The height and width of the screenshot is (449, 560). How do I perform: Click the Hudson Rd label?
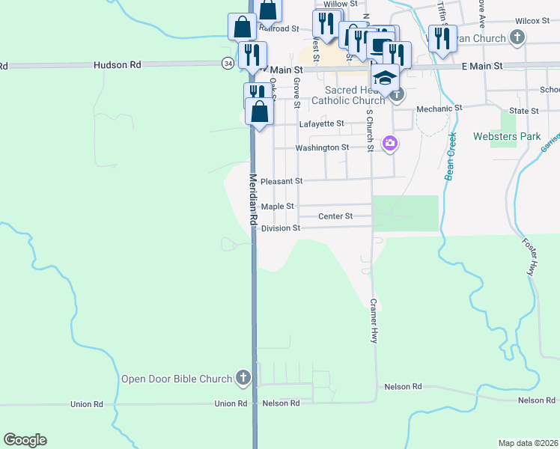118,65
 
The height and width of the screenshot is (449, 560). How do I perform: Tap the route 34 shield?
227,64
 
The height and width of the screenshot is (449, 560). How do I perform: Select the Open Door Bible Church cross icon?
243,379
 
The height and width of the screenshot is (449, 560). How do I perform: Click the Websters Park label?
507,136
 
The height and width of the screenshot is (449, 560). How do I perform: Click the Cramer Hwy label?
372,321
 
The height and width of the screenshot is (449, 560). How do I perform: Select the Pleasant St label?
282,181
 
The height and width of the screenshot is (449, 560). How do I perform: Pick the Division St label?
281,227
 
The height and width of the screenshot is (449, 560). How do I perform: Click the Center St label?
335,216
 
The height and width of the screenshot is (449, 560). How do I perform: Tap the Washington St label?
322,147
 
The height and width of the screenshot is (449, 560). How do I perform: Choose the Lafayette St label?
321,123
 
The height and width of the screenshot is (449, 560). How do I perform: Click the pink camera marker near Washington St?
389,143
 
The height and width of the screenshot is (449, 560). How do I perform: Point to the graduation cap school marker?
385,77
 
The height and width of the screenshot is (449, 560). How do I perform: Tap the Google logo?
25,440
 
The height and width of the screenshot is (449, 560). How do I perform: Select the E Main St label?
481,67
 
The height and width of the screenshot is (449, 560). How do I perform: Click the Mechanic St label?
439,108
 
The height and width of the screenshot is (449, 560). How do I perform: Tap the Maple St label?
278,206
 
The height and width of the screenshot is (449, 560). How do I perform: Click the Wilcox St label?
533,22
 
